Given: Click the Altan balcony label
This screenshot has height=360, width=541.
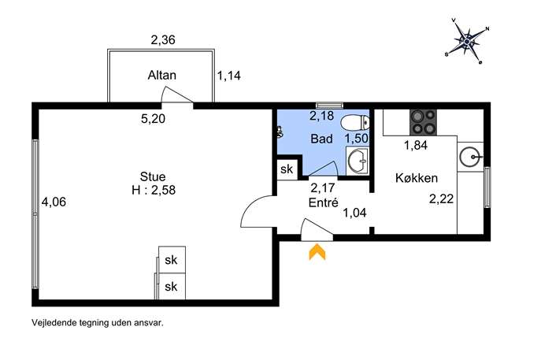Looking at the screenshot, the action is [x=161, y=75].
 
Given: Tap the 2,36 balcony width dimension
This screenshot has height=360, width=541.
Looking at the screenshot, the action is [x=163, y=39].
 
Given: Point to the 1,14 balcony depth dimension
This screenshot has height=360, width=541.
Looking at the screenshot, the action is [x=228, y=76].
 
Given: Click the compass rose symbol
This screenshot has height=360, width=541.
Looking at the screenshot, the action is [x=467, y=41].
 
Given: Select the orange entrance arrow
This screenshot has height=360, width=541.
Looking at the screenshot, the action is [x=317, y=251].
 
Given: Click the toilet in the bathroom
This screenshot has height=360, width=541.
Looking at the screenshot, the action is [x=354, y=122].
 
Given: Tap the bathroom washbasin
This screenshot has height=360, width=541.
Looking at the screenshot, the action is [x=358, y=160].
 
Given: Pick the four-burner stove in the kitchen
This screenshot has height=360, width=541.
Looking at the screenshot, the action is [x=423, y=123].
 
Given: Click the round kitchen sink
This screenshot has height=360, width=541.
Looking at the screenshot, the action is [x=470, y=157].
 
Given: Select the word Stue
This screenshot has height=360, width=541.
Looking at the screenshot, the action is [x=153, y=176].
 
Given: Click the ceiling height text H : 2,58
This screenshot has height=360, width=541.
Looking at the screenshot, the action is [x=154, y=190].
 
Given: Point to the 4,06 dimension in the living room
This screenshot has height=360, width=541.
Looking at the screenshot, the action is [x=54, y=202].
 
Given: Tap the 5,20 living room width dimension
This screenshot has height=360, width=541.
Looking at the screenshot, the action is [x=154, y=119].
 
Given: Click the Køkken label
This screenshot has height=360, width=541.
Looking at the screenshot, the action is [x=417, y=178].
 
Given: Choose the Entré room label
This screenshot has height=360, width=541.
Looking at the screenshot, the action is [x=324, y=202].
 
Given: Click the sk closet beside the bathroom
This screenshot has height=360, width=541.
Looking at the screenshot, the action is [x=287, y=169].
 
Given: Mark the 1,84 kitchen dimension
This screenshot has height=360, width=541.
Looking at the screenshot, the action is [x=416, y=145].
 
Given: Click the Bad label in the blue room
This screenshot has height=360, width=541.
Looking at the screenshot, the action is [x=321, y=139].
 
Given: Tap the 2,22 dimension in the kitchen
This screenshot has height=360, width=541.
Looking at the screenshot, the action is [x=441, y=199].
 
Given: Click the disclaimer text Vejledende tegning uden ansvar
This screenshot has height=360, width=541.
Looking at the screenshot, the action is [x=98, y=323].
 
